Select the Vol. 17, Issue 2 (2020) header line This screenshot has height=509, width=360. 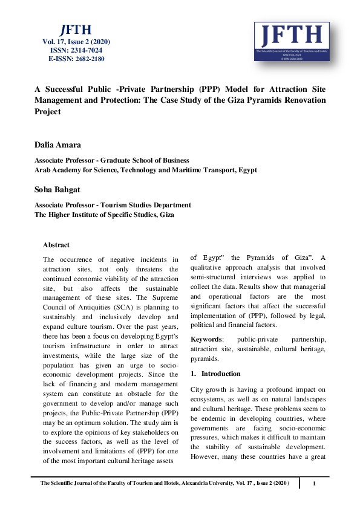pos(76,42)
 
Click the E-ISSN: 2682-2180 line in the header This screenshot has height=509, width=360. pos(76,59)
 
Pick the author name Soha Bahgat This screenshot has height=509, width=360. pos(58,190)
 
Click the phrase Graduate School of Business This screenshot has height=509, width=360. pos(146,160)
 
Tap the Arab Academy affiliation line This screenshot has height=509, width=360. pos(145,170)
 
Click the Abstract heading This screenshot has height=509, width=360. pos(56,245)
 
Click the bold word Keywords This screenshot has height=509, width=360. pos(206,340)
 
